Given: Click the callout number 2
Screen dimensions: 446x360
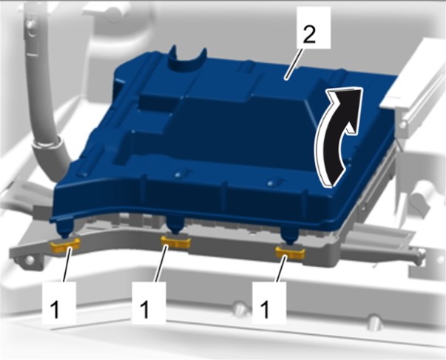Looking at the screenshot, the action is click(x=309, y=35).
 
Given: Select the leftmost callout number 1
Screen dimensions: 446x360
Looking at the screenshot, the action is click(x=55, y=310).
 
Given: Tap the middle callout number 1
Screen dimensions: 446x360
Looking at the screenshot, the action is click(x=145, y=310).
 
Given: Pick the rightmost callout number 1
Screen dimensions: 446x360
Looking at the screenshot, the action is click(x=265, y=310).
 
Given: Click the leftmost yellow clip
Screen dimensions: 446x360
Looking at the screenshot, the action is click(x=65, y=244).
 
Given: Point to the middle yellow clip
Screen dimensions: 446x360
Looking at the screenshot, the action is click(x=175, y=242).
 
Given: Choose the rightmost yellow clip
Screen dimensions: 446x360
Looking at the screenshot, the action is click(x=290, y=252).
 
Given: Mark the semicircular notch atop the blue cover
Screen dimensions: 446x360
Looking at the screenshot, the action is click(x=187, y=61).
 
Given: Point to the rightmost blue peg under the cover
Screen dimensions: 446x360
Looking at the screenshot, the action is click(x=289, y=235).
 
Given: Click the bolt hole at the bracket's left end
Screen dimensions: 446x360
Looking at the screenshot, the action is click(x=30, y=259).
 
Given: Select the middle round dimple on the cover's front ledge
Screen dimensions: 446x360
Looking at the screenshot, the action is click(x=178, y=174).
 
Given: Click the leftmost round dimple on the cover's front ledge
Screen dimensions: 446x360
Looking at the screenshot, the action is click(x=83, y=174).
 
